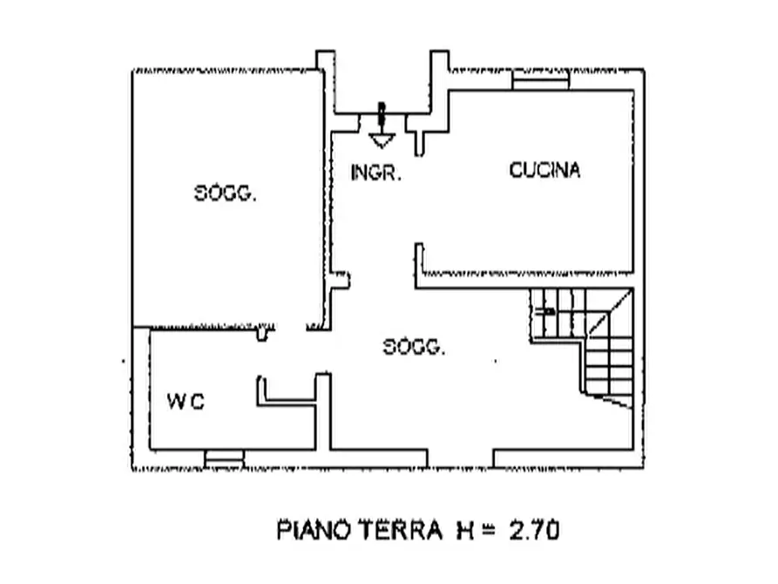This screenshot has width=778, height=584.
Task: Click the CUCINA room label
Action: [x=545, y=170]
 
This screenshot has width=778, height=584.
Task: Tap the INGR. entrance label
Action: [x=375, y=173]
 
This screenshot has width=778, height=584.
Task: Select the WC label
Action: [x=186, y=401]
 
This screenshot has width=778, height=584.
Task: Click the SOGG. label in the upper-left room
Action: [x=226, y=193]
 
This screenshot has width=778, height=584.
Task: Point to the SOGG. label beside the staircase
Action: [x=414, y=347]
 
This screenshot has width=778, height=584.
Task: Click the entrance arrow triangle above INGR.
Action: [x=382, y=140]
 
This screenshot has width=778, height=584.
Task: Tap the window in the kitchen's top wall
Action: [x=540, y=80]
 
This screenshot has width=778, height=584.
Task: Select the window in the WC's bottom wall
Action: [x=224, y=458]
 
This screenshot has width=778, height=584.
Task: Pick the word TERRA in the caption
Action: [x=401, y=530]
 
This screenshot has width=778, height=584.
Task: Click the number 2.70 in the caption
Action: [x=534, y=530]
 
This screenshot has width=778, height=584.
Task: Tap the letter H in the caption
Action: [x=465, y=531]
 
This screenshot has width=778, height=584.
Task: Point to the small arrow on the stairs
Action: [x=545, y=311]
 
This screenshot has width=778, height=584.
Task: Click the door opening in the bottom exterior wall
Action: [x=460, y=458]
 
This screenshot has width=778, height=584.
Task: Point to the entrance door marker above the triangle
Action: [x=381, y=115]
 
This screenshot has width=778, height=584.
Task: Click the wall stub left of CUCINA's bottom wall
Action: [x=419, y=258]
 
